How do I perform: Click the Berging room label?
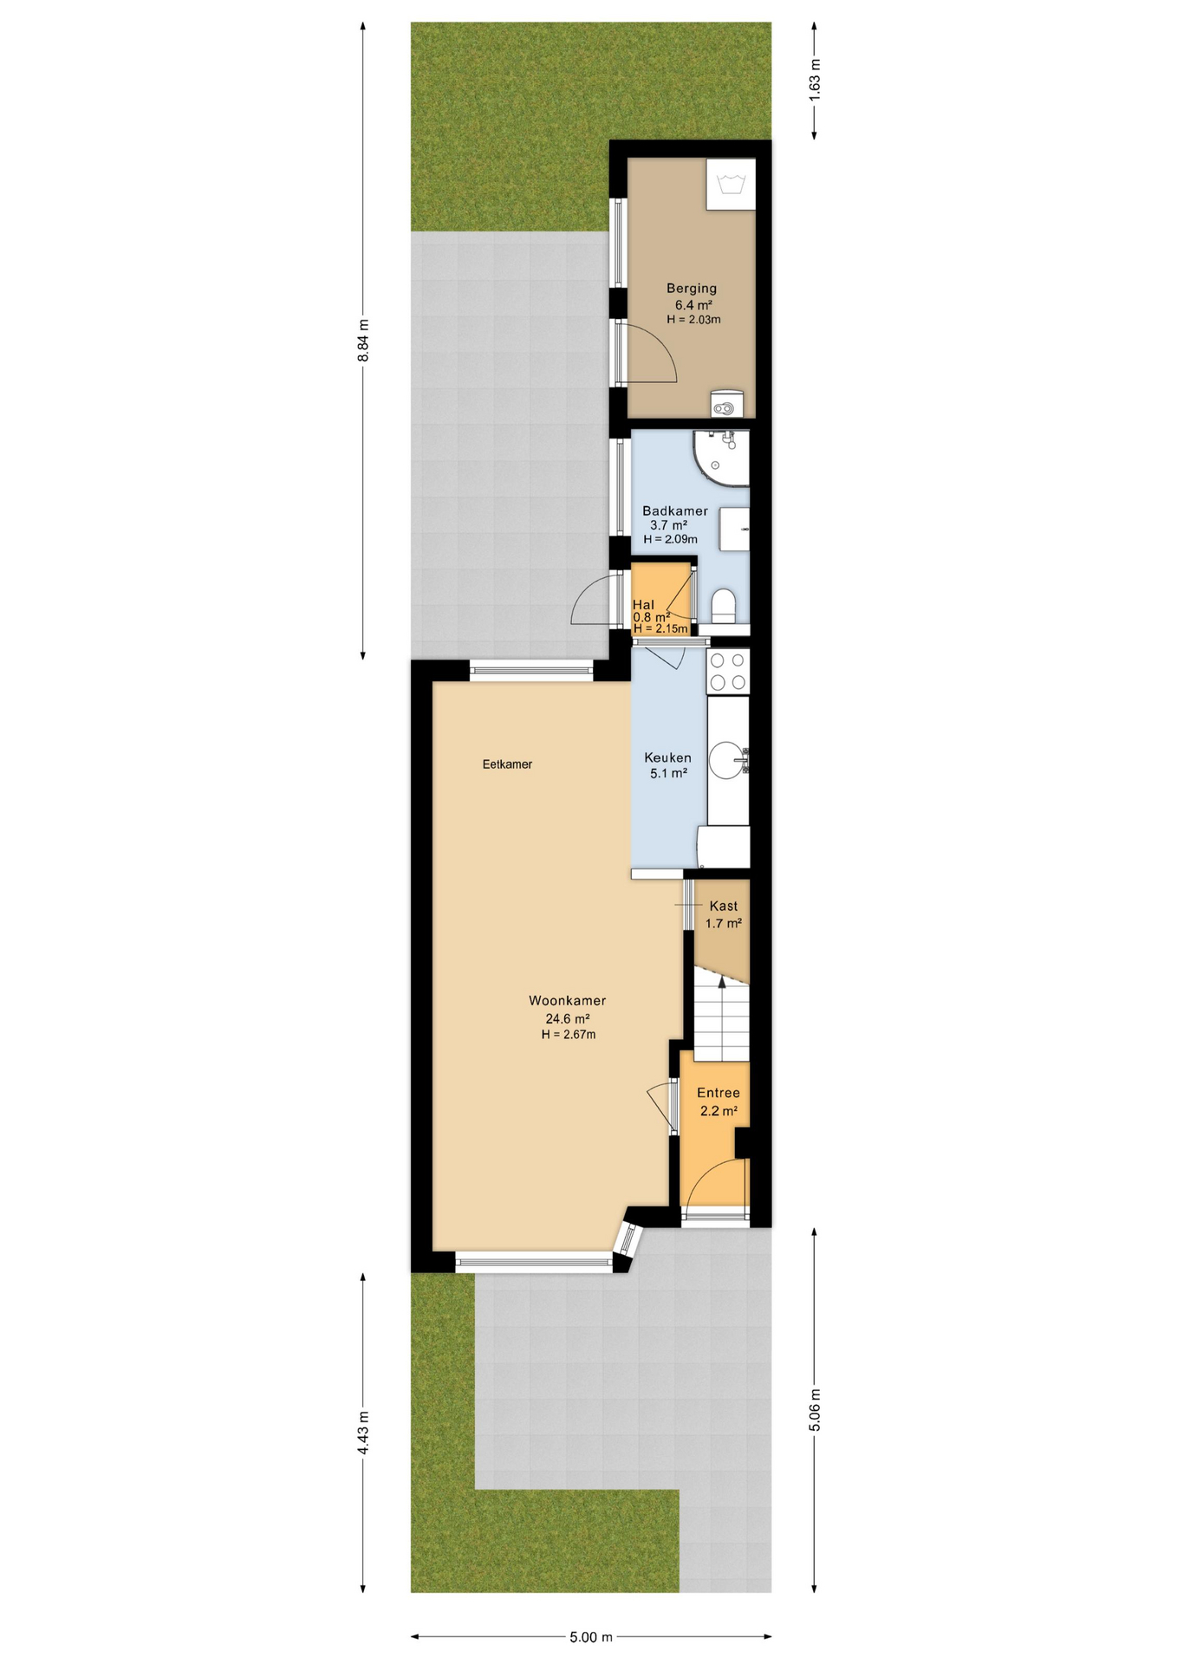(691, 289)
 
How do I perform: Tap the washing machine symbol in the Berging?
(731, 184)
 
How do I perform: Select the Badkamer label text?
(674, 511)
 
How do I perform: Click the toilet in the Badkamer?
(723, 604)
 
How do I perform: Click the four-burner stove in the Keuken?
(728, 672)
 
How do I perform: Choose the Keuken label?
(667, 758)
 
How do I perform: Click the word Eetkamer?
(507, 764)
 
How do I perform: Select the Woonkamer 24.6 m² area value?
(568, 1019)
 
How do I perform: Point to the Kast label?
(724, 907)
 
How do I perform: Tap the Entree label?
(719, 1094)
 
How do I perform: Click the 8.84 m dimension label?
(364, 341)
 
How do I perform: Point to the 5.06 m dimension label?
(815, 1410)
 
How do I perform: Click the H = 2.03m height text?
(693, 320)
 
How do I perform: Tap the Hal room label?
(643, 605)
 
